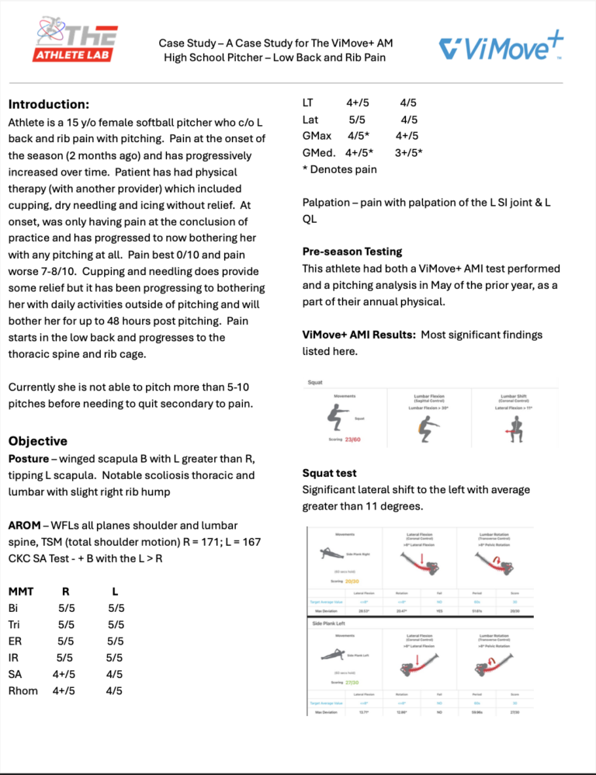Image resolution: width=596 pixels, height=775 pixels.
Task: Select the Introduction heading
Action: coord(48,104)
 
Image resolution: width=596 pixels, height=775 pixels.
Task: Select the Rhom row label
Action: coord(22,690)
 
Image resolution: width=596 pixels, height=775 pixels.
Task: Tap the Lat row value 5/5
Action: coord(358,120)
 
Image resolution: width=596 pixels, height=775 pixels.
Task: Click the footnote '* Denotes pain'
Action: coord(338,169)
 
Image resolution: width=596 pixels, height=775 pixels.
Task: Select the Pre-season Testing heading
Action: coord(352,251)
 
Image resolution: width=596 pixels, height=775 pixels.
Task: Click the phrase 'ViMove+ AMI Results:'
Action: coord(356,335)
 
